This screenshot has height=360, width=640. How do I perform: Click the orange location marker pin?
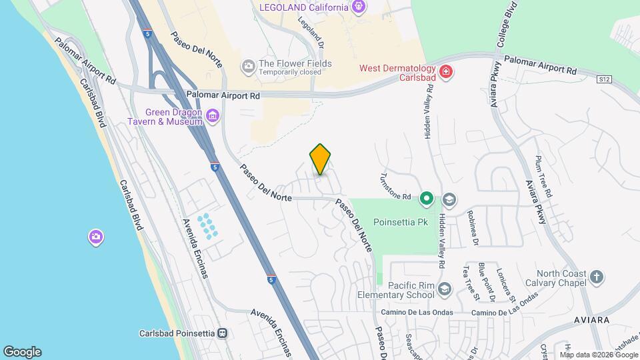click(x=321, y=159)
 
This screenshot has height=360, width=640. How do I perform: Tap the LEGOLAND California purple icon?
click(x=360, y=7)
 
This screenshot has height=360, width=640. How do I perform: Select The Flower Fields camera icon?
click(x=249, y=65)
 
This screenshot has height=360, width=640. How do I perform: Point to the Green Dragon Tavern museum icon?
click(x=213, y=117)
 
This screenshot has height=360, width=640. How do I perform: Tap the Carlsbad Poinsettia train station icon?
click(x=224, y=333)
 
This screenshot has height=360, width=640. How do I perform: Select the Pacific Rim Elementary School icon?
click(x=445, y=289)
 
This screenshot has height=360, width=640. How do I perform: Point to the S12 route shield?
click(x=604, y=79)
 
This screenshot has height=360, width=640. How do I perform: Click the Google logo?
click(x=22, y=352)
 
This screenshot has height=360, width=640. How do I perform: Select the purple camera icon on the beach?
click(x=96, y=237)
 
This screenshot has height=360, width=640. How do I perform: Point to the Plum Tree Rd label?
click(x=544, y=176)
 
